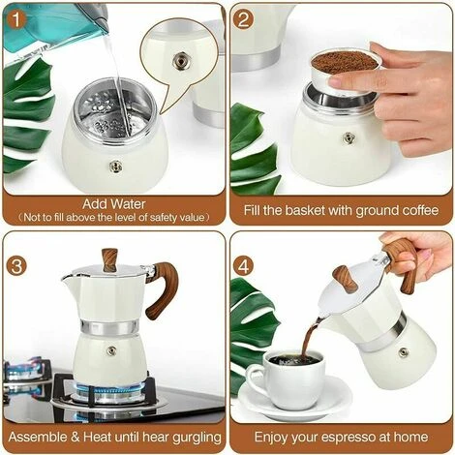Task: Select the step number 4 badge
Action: (x=245, y=264)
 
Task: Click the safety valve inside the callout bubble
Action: (x=180, y=60)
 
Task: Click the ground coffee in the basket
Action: (x=344, y=61)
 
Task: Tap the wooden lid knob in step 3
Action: (x=109, y=258)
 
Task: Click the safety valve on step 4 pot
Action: (x=403, y=351)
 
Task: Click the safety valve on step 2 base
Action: (x=349, y=137)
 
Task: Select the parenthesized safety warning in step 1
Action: (x=114, y=218)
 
